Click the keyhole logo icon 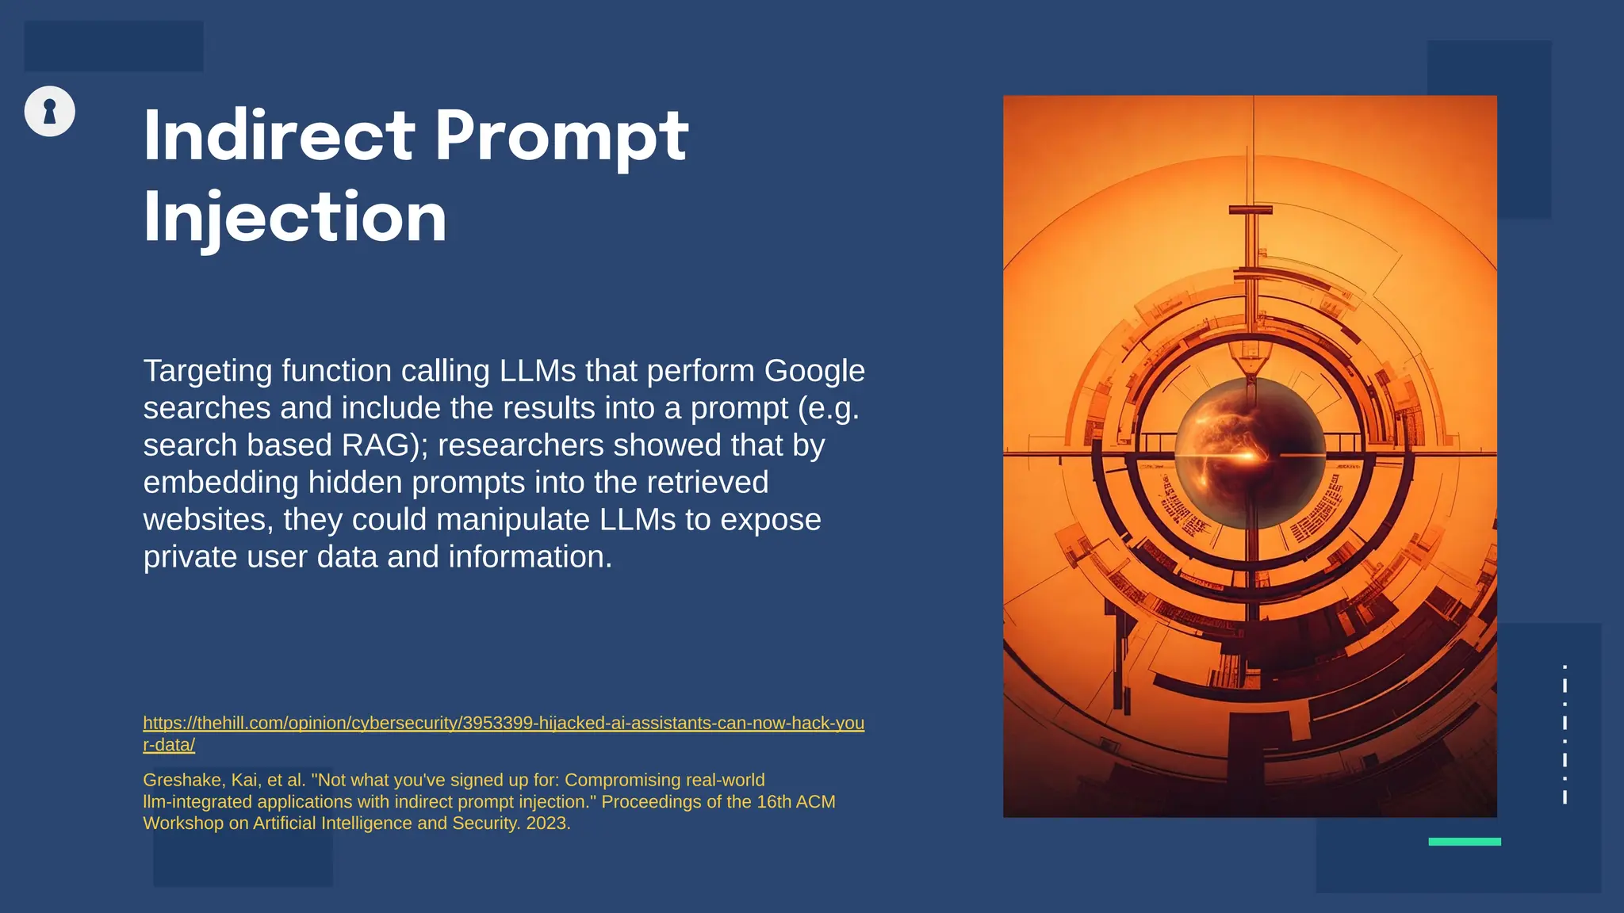click(49, 111)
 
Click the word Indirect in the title click(278, 136)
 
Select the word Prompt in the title click(561, 136)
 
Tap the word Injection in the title click(295, 217)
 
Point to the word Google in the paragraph click(814, 371)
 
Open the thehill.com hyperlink click(503, 724)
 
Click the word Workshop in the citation click(183, 823)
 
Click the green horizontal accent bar click(1464, 842)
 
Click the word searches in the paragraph click(206, 408)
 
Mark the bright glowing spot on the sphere click(1246, 456)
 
